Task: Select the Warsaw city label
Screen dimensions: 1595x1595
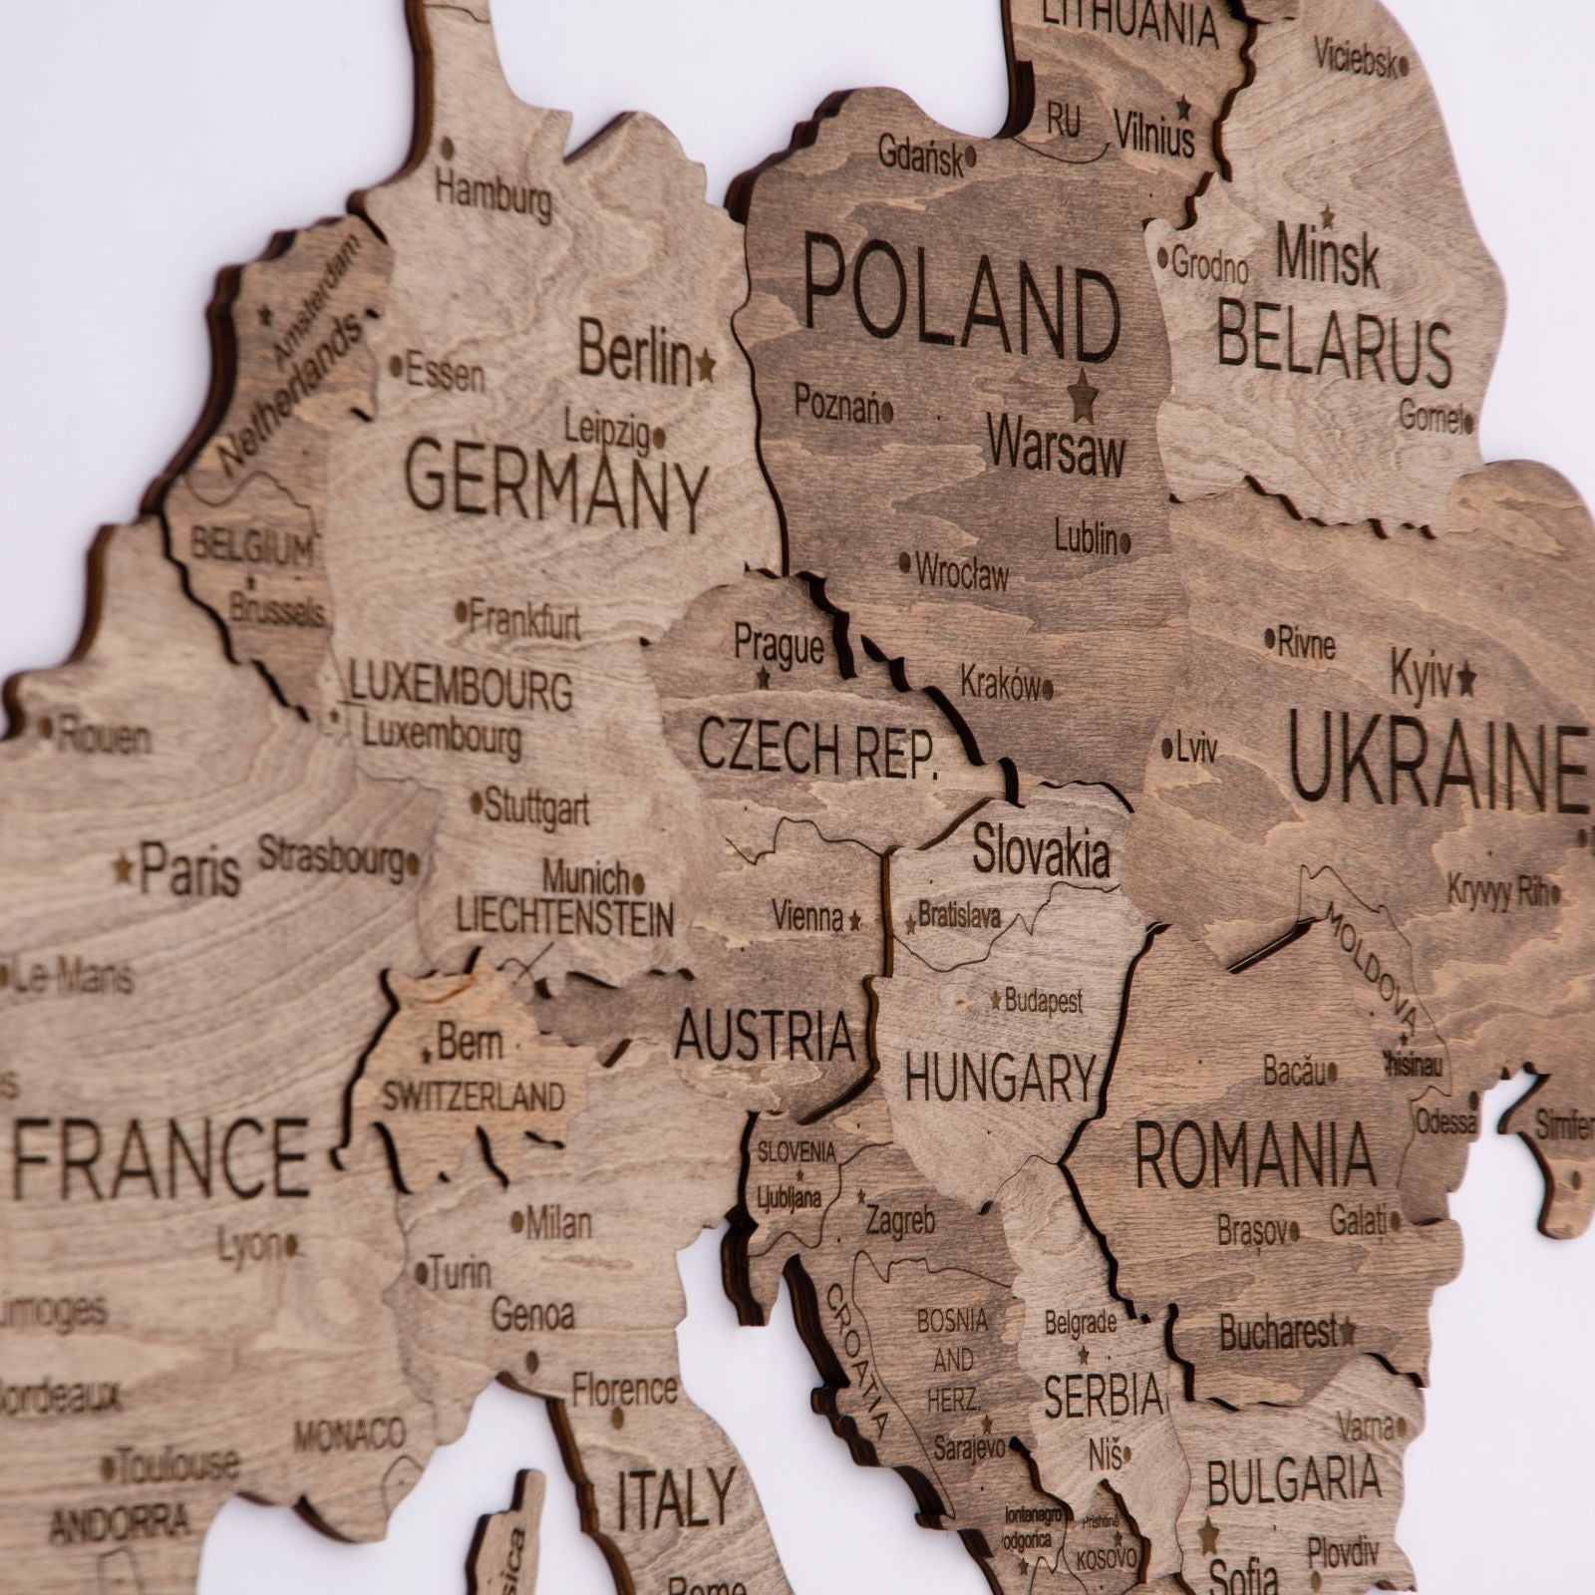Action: click(1057, 452)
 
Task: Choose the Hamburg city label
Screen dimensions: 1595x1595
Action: click(493, 194)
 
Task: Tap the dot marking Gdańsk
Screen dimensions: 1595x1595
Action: click(972, 158)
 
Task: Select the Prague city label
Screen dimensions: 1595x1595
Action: click(779, 646)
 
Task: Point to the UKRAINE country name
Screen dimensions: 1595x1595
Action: click(1435, 764)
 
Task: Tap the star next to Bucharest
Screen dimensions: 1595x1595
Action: click(1349, 1330)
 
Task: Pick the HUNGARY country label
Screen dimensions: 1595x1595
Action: click(1000, 1077)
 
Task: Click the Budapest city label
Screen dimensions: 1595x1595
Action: click(1043, 1001)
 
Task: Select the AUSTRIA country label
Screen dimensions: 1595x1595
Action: click(765, 1034)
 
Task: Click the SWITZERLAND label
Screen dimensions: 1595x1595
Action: click(474, 1098)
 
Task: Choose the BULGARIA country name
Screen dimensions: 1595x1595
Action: click(1294, 1480)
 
